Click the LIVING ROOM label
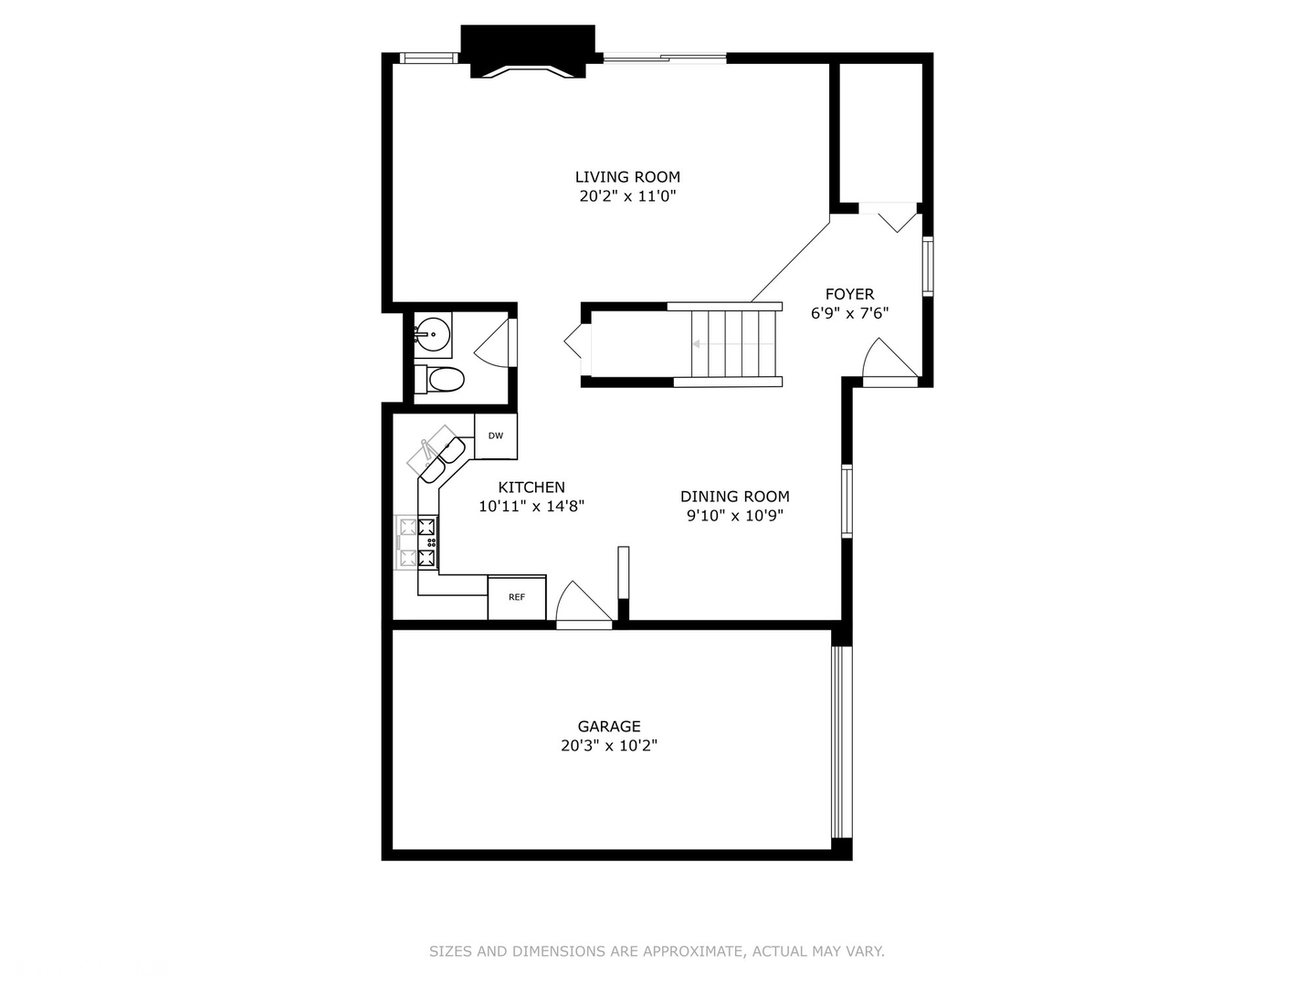[627, 177]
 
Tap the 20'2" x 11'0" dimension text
[627, 196]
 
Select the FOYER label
[849, 294]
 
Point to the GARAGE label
[608, 727]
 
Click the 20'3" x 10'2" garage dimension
[608, 746]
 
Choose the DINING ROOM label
[734, 497]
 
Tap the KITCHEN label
[531, 488]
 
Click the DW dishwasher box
[496, 436]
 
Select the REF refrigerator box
[517, 598]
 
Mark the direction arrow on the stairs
[698, 345]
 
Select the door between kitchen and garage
[583, 606]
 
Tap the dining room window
[847, 500]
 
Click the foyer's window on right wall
[928, 266]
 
